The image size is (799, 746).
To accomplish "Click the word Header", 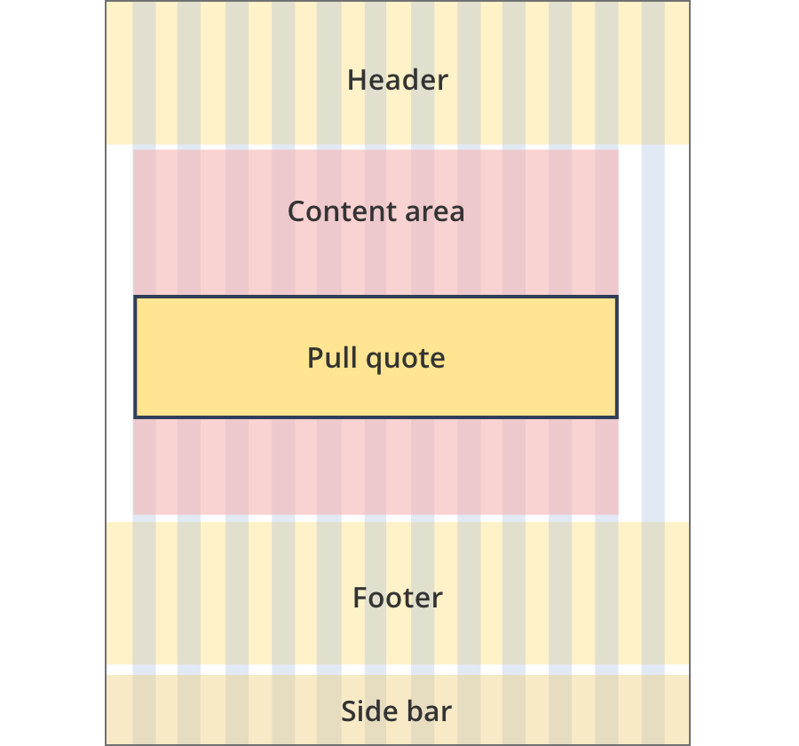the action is (x=398, y=80).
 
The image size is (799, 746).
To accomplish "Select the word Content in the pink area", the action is (x=343, y=211).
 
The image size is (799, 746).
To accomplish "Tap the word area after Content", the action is (x=435, y=212).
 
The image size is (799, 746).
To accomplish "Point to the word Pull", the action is (x=332, y=357).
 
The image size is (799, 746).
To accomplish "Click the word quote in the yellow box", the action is (x=406, y=360).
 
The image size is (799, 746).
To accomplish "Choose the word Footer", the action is (x=398, y=598).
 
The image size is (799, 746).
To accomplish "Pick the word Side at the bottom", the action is (x=367, y=710).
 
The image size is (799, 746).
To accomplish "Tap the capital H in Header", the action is (x=357, y=80).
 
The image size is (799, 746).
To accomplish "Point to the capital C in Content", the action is (x=297, y=211).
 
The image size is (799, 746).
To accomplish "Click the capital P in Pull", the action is (x=315, y=357).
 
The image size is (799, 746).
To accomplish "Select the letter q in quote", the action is (x=375, y=362).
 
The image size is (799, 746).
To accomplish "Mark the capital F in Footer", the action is (x=360, y=598).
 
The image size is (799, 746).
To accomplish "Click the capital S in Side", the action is (x=349, y=710).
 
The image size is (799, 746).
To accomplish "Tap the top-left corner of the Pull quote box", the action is (x=135, y=297).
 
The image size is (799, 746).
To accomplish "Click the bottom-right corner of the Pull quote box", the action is (x=617, y=417).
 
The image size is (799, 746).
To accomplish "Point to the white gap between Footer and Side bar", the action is (x=398, y=670).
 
